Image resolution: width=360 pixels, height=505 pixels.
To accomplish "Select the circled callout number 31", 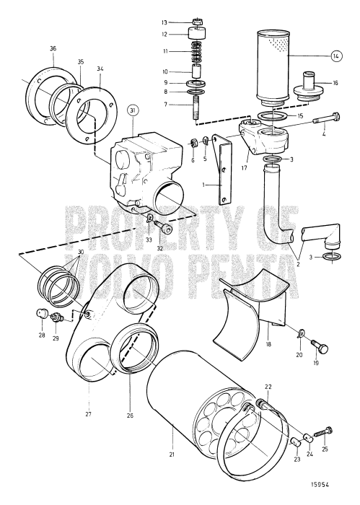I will pyautogui.click(x=132, y=110).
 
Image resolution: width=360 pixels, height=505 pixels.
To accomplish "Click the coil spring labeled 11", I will pyautogui.click(x=197, y=52).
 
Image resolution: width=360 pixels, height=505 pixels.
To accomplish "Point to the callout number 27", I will pyautogui.click(x=89, y=414).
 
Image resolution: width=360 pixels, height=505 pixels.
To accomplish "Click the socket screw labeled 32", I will pyautogui.click(x=168, y=230).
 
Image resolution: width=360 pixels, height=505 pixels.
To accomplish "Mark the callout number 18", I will pyautogui.click(x=268, y=346).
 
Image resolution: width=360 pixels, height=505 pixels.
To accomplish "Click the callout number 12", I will pyautogui.click(x=164, y=34).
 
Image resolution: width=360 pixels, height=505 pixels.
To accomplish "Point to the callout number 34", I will pyautogui.click(x=100, y=69).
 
